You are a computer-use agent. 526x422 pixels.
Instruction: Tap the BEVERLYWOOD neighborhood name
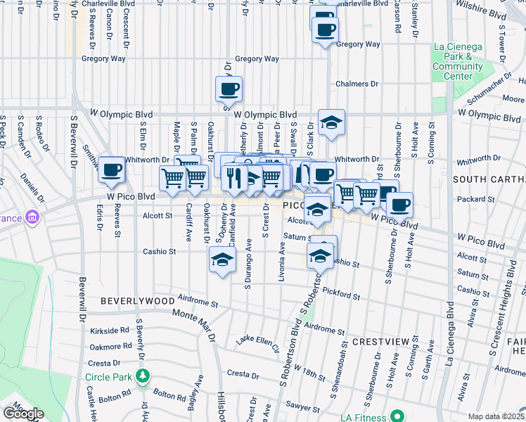(138, 300)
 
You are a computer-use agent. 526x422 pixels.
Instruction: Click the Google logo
(23, 414)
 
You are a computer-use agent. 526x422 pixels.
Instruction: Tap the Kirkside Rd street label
(109, 329)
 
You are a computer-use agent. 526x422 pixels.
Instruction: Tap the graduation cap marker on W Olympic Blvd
(331, 122)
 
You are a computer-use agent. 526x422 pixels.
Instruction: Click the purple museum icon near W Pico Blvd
(31, 217)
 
